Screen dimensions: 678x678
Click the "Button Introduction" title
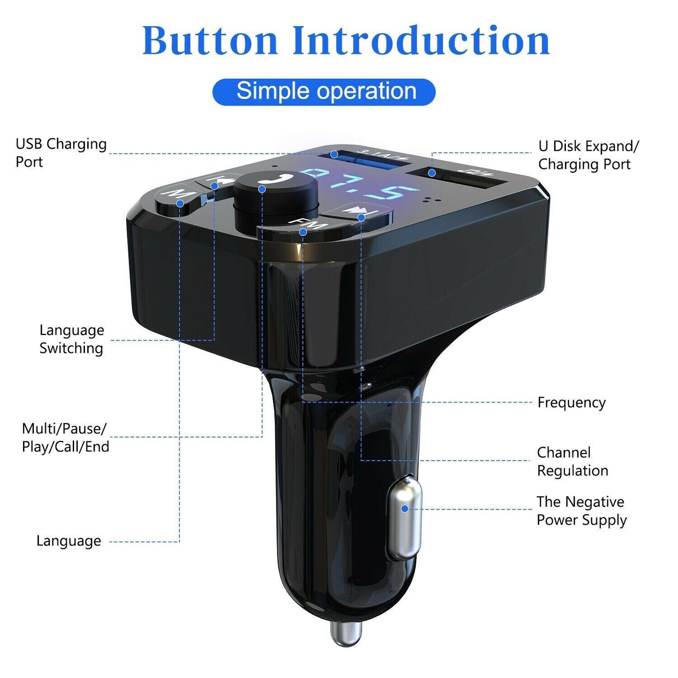(x=346, y=40)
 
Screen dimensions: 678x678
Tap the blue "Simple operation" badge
(x=324, y=91)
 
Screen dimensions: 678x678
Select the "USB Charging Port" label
(x=61, y=152)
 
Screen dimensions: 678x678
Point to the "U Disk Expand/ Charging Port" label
(x=588, y=155)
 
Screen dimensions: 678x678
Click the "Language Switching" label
(x=71, y=339)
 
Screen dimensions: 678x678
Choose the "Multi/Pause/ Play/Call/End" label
(x=65, y=437)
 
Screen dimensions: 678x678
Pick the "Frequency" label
(x=571, y=403)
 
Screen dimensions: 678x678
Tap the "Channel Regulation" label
(x=572, y=461)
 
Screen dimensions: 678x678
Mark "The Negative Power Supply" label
(x=581, y=510)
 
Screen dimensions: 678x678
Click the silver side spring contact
(x=404, y=516)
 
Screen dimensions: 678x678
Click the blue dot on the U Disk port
(x=432, y=173)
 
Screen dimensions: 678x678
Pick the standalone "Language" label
(x=69, y=541)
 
